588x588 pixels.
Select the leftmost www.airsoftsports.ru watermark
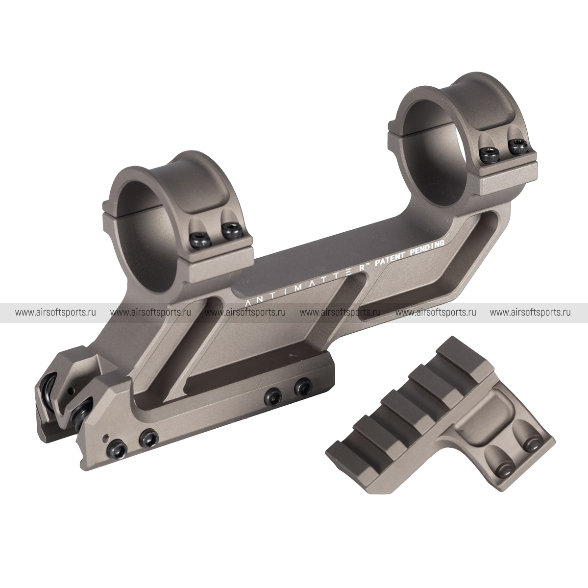click(x=55, y=313)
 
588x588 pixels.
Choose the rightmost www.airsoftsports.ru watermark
click(x=530, y=313)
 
